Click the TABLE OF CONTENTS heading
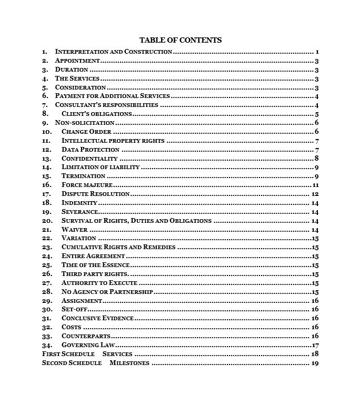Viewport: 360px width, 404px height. point(180,40)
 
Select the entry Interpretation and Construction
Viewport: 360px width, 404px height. point(113,52)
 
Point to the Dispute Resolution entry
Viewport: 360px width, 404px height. point(95,194)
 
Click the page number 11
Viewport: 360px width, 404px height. point(316,185)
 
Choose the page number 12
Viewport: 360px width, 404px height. point(315,194)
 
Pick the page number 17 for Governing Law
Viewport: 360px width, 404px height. point(316,345)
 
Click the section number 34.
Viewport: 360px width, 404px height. point(47,345)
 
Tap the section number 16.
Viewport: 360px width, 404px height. point(47,185)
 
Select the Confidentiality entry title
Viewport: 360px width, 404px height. point(89,158)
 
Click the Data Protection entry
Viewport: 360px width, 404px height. point(91,150)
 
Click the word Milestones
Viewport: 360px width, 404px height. point(129,363)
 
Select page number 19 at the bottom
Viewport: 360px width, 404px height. point(315,363)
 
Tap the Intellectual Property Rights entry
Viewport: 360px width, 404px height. point(113,141)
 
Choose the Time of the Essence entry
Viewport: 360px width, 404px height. point(95,265)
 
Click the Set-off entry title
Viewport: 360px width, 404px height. point(74,309)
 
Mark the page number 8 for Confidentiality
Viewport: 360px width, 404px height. point(317,158)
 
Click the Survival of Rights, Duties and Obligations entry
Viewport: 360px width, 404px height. point(136,221)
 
